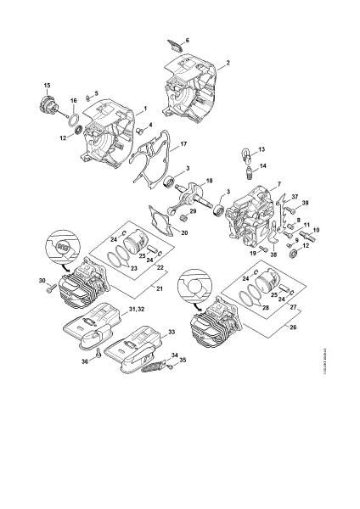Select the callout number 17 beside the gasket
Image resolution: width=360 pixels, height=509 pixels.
[183, 146]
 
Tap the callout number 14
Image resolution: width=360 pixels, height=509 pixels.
[262, 166]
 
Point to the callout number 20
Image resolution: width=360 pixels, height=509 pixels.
[185, 233]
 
